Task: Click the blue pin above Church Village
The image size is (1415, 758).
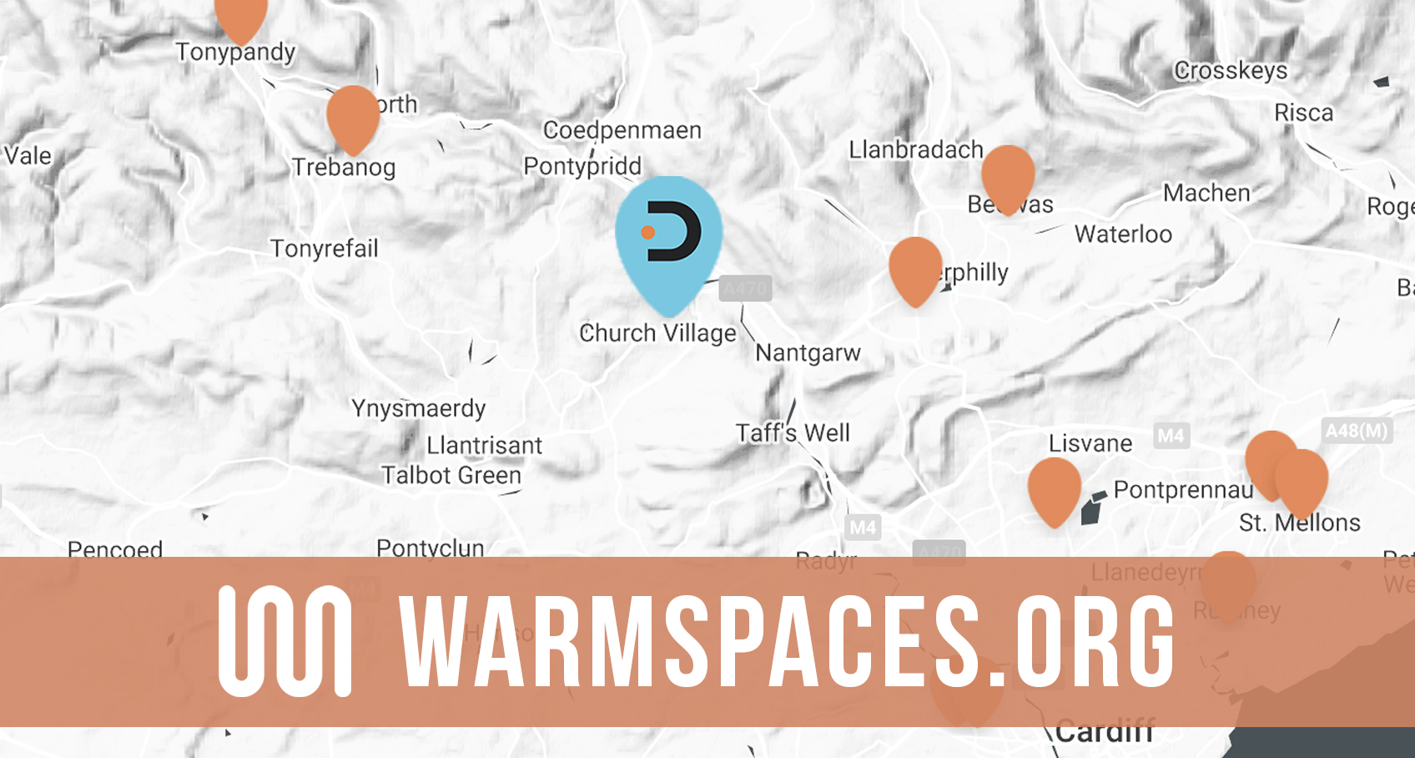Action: click(x=669, y=238)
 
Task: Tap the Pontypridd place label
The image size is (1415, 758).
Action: click(x=582, y=166)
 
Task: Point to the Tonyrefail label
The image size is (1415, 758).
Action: click(x=325, y=249)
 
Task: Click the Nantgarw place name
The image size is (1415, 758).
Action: click(x=808, y=353)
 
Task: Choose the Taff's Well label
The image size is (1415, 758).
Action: click(x=793, y=433)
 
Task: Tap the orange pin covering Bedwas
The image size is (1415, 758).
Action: click(x=1008, y=176)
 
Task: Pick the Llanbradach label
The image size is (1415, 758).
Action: click(x=916, y=150)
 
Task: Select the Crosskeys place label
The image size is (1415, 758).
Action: click(x=1231, y=71)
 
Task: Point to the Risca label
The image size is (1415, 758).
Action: click(x=1303, y=113)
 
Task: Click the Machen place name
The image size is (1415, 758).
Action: click(x=1206, y=194)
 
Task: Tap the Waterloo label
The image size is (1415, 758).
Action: click(x=1123, y=235)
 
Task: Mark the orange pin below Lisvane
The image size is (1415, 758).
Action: click(x=1054, y=488)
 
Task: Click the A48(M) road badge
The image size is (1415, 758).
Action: click(x=1357, y=431)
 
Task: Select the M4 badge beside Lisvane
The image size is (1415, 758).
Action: click(x=1171, y=436)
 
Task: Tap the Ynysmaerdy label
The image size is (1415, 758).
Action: click(x=418, y=408)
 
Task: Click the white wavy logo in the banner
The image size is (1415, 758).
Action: click(x=285, y=641)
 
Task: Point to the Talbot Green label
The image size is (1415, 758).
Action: click(x=451, y=476)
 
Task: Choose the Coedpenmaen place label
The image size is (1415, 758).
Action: click(x=622, y=130)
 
